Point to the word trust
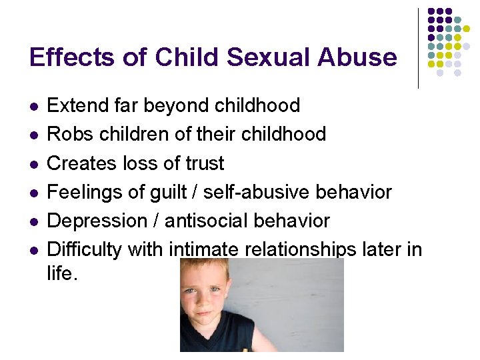(x=199, y=163)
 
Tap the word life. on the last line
(x=62, y=273)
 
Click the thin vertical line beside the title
(x=419, y=48)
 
